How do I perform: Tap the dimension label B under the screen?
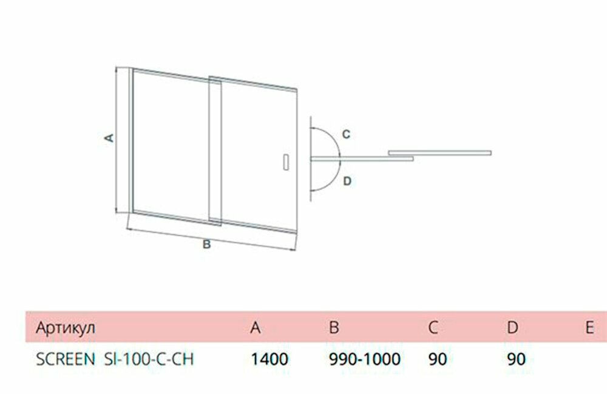click(206, 245)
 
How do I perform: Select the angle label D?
click(346, 181)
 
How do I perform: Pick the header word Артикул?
click(66, 328)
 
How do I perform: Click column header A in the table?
click(256, 328)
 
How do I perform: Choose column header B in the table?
click(333, 328)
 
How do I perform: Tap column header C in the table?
click(433, 328)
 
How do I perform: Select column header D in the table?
click(512, 328)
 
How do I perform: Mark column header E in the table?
click(589, 328)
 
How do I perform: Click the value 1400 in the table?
click(269, 359)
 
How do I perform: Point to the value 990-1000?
click(364, 359)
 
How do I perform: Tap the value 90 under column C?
click(437, 359)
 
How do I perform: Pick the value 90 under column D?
click(516, 359)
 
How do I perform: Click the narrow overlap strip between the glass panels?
click(215, 149)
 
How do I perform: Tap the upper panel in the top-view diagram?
click(439, 151)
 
